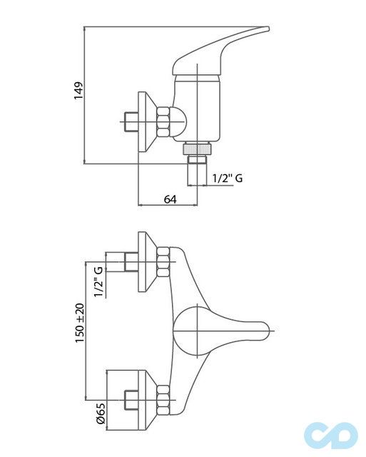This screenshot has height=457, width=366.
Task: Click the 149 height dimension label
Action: pos(78,91)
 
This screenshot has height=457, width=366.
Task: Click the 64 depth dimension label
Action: pos(170,199)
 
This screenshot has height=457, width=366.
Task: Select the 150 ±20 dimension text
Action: pos(79,323)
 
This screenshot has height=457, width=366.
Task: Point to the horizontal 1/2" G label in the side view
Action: pos(228,178)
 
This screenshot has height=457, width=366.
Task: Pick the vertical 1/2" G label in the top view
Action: pos(98,281)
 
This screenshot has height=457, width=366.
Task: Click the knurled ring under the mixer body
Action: pos(197,149)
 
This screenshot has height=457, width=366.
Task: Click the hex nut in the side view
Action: pos(163,122)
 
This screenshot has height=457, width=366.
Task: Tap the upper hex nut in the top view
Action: pos(163,262)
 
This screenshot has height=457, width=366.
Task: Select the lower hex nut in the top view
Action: pos(163,400)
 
